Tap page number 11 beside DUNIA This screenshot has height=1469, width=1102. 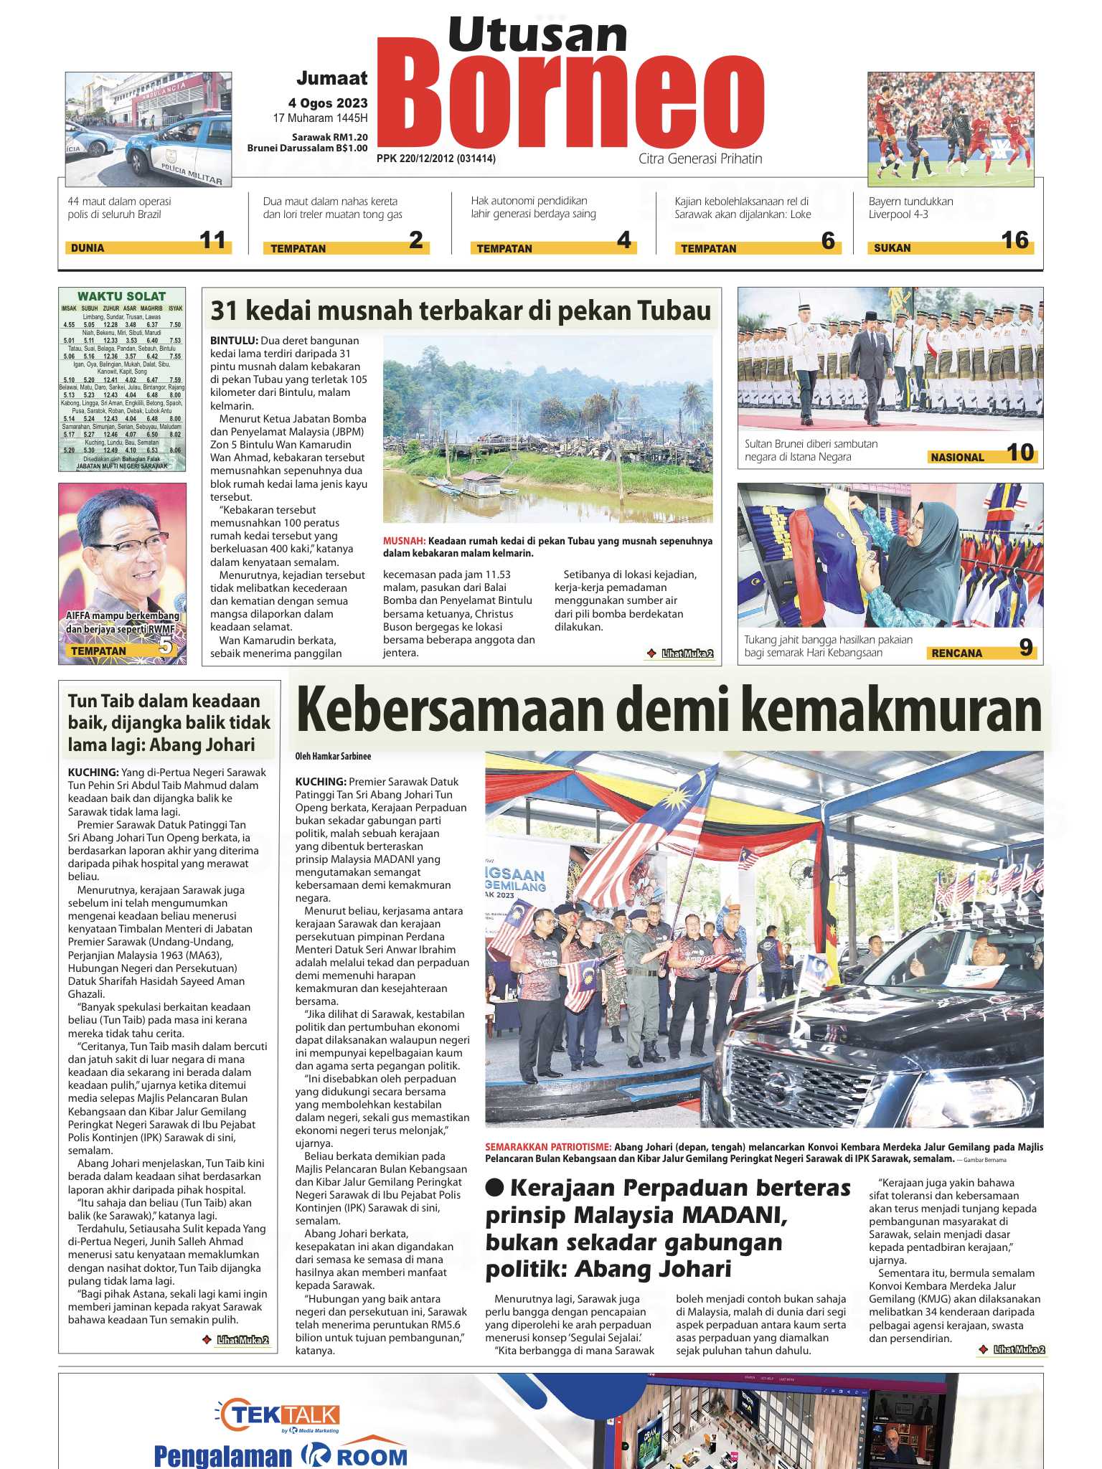(212, 240)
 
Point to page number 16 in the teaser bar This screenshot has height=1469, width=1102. (1014, 240)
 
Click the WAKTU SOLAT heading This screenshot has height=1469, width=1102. (121, 296)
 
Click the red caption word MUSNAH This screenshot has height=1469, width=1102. (404, 541)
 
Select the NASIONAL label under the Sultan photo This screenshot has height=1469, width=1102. (957, 457)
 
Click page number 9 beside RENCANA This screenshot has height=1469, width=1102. (1026, 648)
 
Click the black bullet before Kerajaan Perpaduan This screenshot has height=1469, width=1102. (495, 1187)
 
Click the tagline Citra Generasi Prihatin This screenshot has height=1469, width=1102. (700, 159)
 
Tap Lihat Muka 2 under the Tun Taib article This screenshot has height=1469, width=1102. (242, 1339)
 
